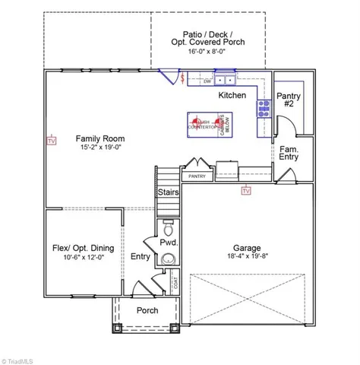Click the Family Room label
(x=94, y=139)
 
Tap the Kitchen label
(x=232, y=96)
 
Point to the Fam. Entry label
(x=288, y=152)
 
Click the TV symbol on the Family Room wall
(x=52, y=141)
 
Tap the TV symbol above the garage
(x=245, y=192)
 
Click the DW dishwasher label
(x=196, y=79)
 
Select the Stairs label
(x=168, y=192)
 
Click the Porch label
(x=147, y=310)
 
